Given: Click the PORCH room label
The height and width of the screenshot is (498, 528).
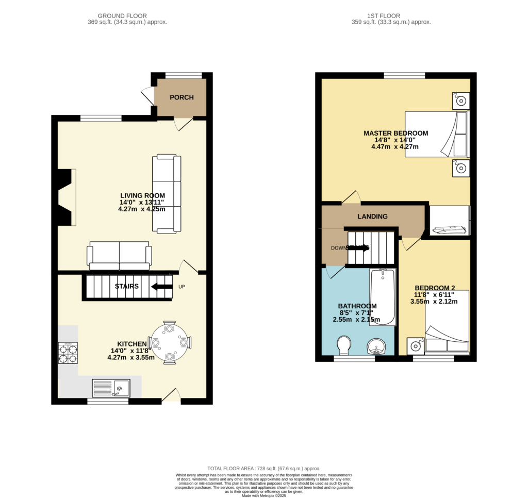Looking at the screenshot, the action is [181, 97].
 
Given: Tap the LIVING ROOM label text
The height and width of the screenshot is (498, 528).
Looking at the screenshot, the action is [142, 195].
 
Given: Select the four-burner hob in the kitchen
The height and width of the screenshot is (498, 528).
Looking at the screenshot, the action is [68, 353].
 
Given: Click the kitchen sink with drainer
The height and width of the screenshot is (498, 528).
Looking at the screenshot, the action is [111, 388].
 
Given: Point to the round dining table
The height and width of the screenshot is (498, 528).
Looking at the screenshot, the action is [169, 342].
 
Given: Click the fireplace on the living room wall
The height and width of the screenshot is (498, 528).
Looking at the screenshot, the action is [67, 197].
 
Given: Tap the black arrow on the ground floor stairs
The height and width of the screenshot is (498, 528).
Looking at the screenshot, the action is [162, 287].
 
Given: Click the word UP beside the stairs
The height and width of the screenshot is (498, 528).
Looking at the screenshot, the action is [181, 287].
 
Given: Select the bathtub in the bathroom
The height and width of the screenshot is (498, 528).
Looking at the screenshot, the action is [383, 296].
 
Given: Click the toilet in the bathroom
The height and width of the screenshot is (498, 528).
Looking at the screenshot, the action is [344, 345].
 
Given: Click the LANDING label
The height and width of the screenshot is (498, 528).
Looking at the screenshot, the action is [372, 217].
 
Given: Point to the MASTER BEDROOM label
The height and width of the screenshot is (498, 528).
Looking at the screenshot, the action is [395, 134].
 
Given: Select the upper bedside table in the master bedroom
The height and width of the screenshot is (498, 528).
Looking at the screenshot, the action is [460, 101].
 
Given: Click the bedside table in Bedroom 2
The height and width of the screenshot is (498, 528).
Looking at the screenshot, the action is [416, 346].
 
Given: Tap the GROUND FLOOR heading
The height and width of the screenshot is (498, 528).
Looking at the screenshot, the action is [122, 16].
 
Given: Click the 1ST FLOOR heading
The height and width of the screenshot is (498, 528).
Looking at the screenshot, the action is [384, 16].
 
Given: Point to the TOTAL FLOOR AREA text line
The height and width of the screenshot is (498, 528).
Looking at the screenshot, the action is [263, 469].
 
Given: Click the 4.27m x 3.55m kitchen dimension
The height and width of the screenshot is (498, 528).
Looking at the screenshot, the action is [131, 357].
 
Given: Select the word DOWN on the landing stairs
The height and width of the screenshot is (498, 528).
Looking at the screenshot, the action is [338, 248].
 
